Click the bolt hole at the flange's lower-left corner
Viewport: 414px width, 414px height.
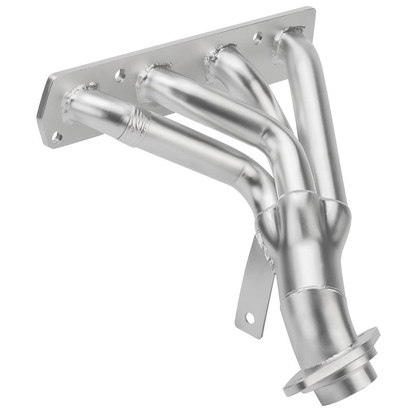coord(57,137)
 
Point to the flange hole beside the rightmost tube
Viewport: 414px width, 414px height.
coord(257,37)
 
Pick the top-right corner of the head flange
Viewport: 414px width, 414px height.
coord(312,10)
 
